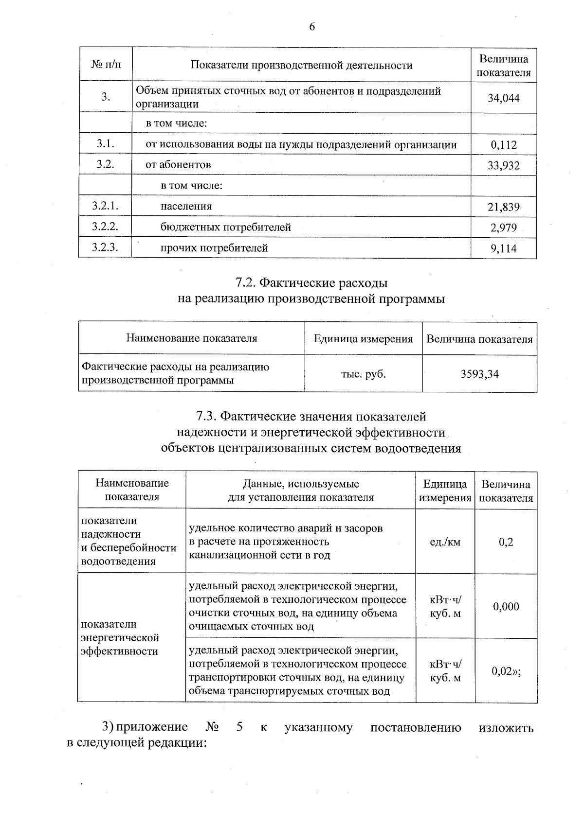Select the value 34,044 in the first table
point(504,98)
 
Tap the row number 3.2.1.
point(105,206)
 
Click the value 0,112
point(504,145)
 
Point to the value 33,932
point(504,166)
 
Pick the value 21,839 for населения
point(504,207)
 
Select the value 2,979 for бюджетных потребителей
point(504,228)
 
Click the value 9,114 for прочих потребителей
point(504,249)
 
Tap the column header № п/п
point(106,65)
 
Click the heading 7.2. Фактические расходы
point(311,283)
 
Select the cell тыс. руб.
point(363,374)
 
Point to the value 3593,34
point(479,374)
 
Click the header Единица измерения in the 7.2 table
point(363,339)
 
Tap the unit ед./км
point(445,542)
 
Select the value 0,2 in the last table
point(506,542)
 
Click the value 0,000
point(506,606)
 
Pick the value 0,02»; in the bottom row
point(506,671)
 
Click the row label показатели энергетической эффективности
point(120,637)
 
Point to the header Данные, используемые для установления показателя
point(301,491)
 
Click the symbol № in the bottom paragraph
point(212,727)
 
